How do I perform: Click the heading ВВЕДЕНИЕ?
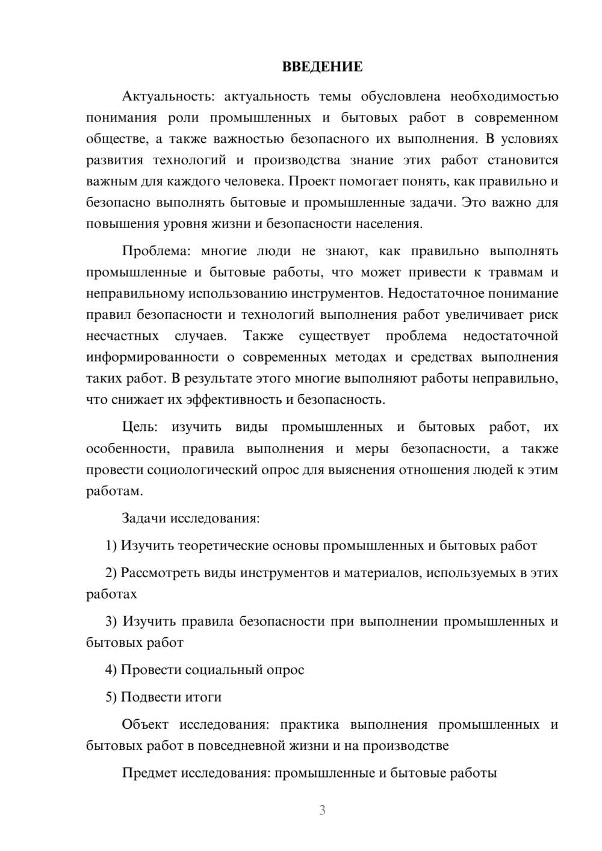click(x=322, y=67)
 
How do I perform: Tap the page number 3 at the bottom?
click(x=322, y=810)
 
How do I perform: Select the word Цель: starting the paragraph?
click(x=140, y=427)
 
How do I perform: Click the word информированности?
click(x=152, y=357)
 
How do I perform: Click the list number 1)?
click(x=111, y=546)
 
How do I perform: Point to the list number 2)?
click(x=111, y=573)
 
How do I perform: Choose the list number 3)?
click(x=111, y=621)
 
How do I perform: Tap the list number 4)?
click(x=111, y=670)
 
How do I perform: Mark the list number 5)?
click(x=111, y=697)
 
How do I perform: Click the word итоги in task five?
click(x=203, y=697)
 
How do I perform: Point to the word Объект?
click(x=145, y=725)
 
